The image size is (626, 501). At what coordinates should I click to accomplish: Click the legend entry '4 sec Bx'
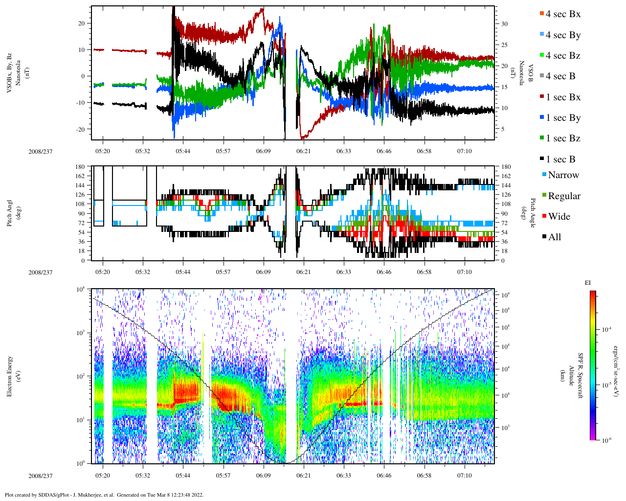[562, 14]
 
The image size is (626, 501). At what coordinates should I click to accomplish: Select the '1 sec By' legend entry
[562, 118]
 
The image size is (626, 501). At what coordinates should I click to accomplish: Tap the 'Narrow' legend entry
[563, 175]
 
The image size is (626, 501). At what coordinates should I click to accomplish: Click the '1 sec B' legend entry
[560, 159]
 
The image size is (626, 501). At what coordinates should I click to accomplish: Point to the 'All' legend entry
[554, 237]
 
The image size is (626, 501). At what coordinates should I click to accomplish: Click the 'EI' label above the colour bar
[588, 283]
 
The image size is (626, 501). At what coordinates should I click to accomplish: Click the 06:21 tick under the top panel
[303, 151]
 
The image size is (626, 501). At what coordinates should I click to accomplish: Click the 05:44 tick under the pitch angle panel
[183, 272]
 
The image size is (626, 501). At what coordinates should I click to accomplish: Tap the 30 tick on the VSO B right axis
[504, 24]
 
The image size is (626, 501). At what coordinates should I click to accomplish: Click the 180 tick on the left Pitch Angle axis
[80, 167]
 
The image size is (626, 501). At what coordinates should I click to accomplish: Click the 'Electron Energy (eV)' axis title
[13, 375]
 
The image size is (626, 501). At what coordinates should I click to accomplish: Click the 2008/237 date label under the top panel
[40, 152]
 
